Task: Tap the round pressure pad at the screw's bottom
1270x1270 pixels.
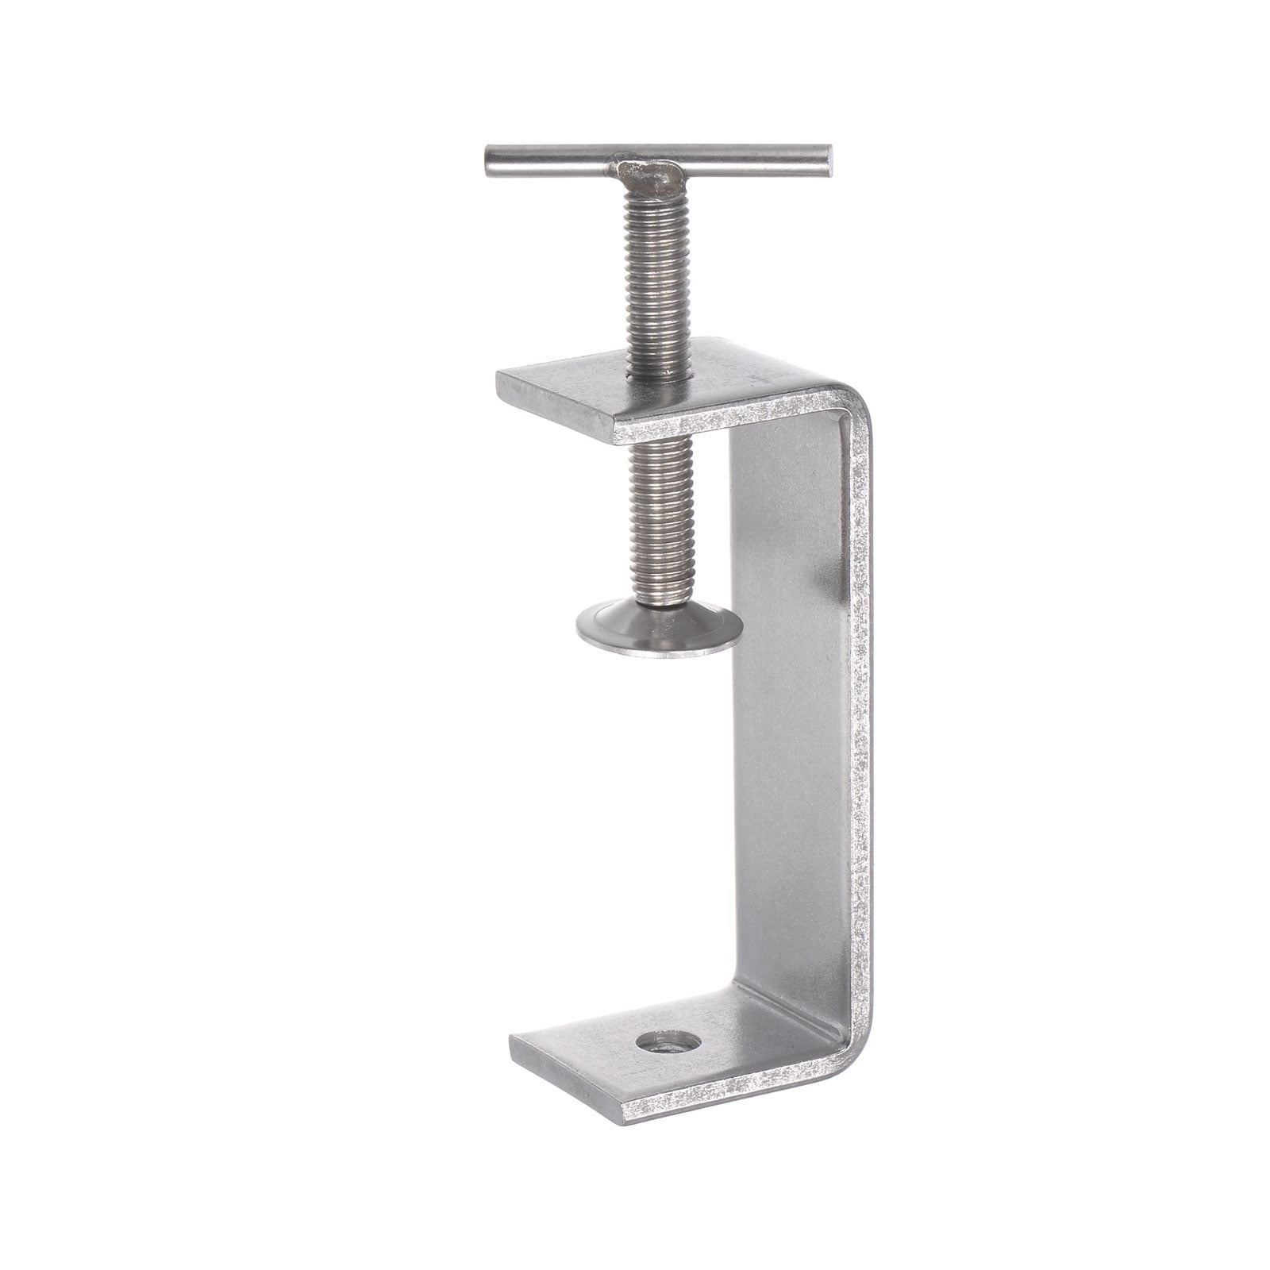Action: [x=659, y=631]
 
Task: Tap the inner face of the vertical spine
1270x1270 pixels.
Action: [x=786, y=714]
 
